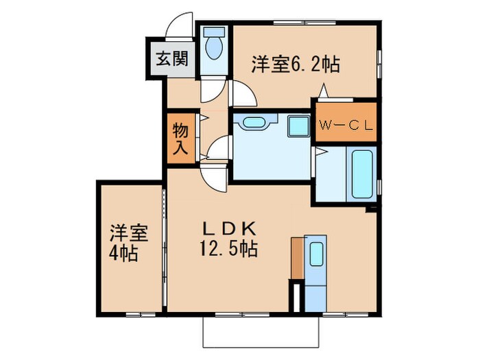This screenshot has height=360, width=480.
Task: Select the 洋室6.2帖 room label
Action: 296,65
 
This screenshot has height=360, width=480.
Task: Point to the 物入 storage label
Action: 180,139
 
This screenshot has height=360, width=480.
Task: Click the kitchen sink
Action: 316,254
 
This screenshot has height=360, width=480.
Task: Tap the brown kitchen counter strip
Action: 296,258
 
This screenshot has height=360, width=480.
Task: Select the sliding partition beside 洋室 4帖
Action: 164,243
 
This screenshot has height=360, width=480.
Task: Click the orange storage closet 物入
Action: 180,139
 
